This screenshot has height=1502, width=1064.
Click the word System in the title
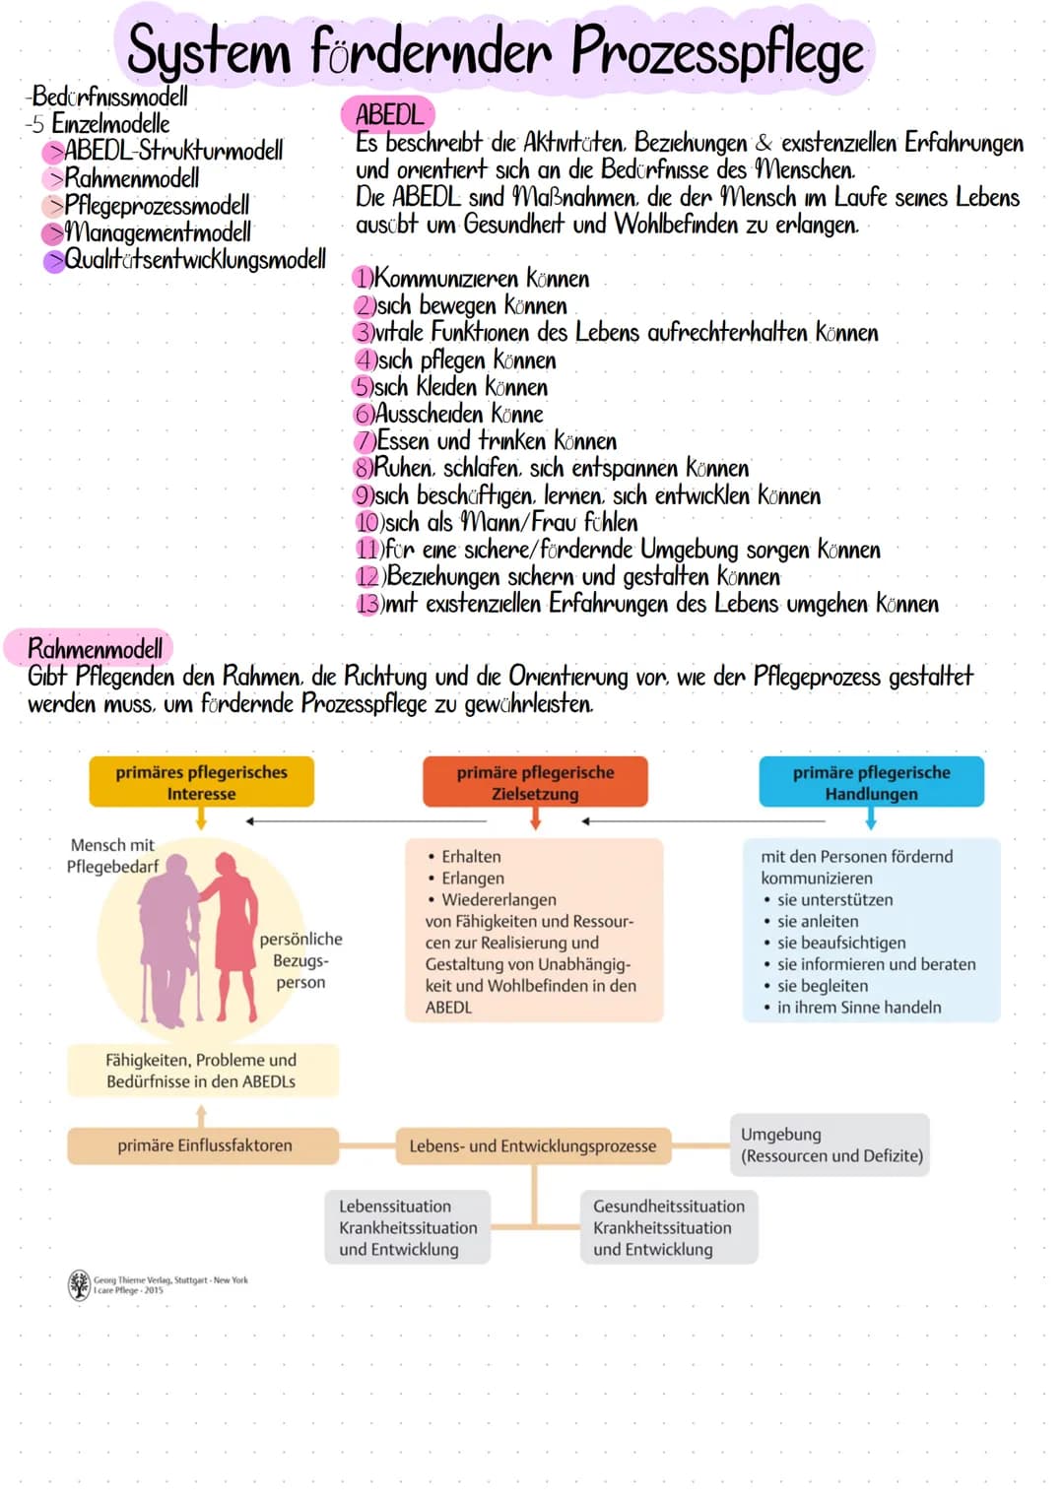pos(209,51)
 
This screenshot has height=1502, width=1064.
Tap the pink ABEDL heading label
pos(389,114)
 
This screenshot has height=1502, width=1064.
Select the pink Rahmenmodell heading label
pos(95,648)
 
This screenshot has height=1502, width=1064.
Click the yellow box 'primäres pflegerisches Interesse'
pos(201,783)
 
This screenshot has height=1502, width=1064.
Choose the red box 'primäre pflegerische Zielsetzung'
pos(535,783)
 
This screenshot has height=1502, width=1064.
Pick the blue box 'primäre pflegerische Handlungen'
pos(871,783)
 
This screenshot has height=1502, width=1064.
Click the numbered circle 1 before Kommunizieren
pos(363,279)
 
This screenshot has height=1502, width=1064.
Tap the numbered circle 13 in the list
pos(367,604)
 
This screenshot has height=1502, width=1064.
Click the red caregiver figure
pos(233,931)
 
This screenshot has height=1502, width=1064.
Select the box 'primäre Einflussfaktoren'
pos(204,1145)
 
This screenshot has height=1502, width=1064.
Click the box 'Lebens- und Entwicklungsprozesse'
pos(532,1146)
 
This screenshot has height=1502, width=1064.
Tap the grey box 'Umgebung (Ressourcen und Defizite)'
pos(831,1144)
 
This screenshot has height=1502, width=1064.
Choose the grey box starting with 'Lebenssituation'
pos(408,1227)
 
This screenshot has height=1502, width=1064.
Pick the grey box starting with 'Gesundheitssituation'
pos(669,1227)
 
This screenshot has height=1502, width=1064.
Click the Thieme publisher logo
pos(79,1284)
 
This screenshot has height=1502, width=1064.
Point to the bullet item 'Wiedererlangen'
pos(499,899)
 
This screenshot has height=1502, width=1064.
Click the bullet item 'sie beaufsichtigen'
pos(840,943)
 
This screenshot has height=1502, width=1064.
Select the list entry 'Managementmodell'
pos(157,232)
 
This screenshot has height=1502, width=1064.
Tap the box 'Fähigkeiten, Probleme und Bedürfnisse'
pos(202,1071)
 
